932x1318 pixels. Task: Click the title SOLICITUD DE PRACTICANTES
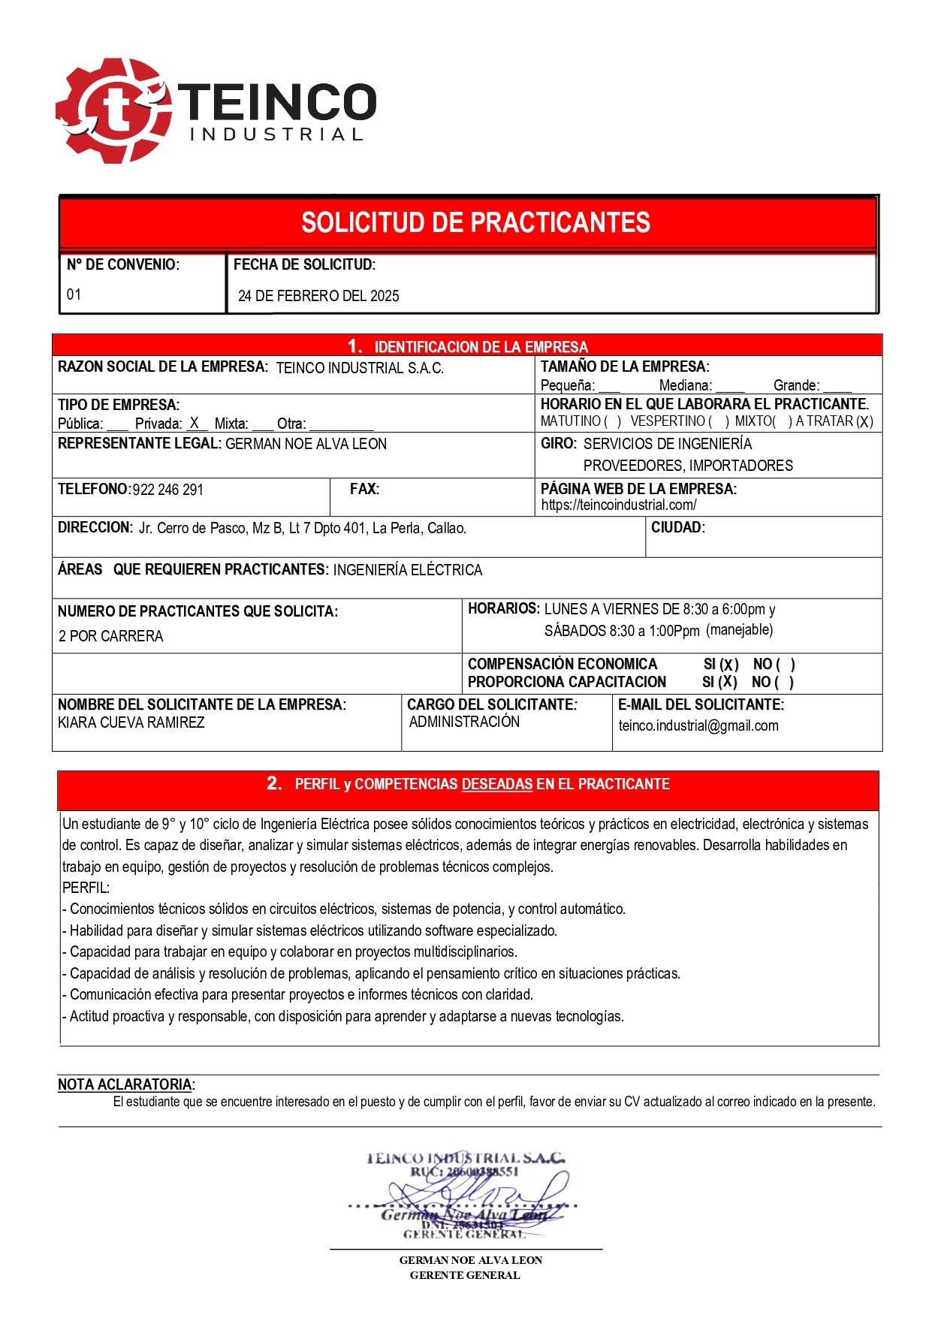click(475, 223)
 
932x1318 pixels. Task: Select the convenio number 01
click(74, 294)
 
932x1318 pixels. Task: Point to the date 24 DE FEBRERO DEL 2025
click(318, 296)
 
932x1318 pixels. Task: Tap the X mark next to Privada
click(194, 423)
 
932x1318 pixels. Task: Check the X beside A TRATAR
click(864, 421)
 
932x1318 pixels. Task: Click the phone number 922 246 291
click(167, 490)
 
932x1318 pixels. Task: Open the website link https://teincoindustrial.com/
click(619, 505)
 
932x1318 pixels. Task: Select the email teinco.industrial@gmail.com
click(698, 725)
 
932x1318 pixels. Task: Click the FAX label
click(364, 489)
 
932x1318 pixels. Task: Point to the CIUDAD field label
click(677, 527)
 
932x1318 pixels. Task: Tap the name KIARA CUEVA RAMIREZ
click(131, 722)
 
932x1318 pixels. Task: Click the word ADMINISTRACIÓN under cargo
click(464, 722)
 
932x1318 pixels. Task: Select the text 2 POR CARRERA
click(110, 636)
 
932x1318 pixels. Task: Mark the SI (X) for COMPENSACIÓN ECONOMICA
click(721, 665)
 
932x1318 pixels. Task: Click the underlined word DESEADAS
click(496, 784)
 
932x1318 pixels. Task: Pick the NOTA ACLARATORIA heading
click(125, 1084)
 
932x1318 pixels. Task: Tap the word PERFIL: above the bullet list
click(86, 888)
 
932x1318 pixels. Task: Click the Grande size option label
click(796, 385)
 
